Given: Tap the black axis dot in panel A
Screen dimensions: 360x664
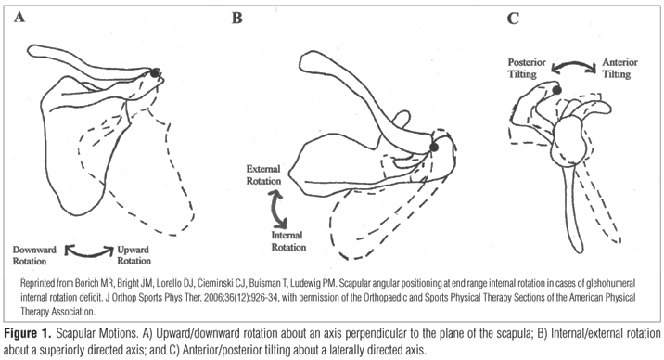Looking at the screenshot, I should pos(156,72).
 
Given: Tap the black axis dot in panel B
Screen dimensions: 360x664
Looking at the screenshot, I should pos(434,147).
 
